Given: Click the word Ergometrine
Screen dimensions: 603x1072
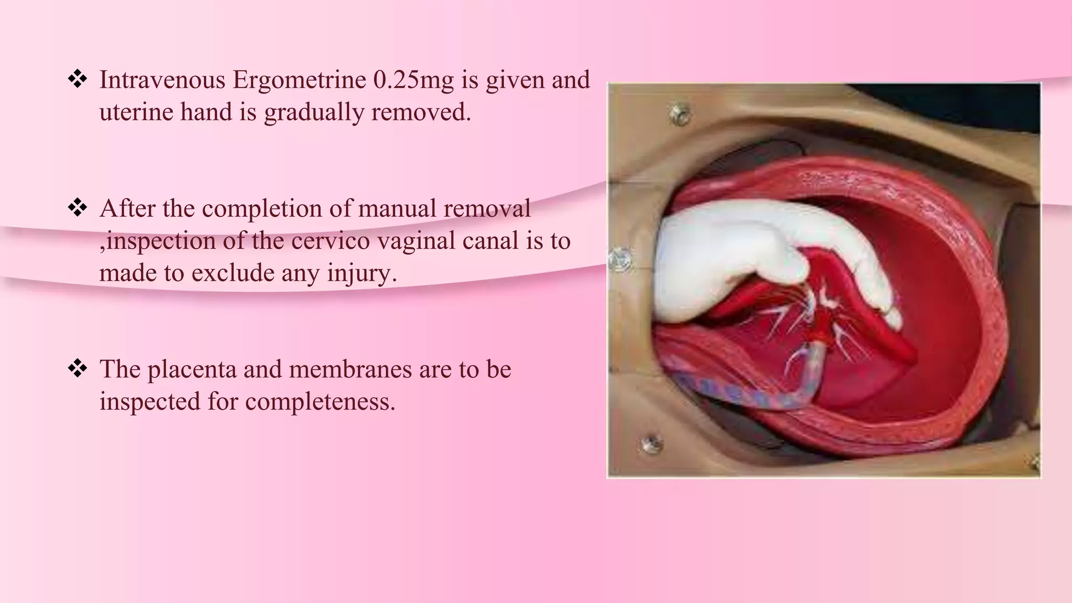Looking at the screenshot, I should [x=299, y=80].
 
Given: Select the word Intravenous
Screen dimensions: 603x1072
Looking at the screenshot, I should [x=162, y=80].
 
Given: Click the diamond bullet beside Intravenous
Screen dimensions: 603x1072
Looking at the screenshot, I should [x=77, y=80].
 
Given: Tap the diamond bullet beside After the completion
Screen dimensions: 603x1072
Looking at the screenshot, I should [x=77, y=208].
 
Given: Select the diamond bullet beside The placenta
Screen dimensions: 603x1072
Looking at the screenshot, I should [x=77, y=369].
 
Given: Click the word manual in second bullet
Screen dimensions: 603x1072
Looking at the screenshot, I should [x=398, y=209].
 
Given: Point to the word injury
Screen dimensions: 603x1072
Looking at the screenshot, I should [x=362, y=273].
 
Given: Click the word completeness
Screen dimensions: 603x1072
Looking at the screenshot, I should [x=320, y=402].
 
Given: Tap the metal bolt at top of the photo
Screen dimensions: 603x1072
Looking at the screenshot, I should [x=680, y=114].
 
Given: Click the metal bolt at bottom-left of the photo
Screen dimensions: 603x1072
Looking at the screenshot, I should [x=651, y=444].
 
